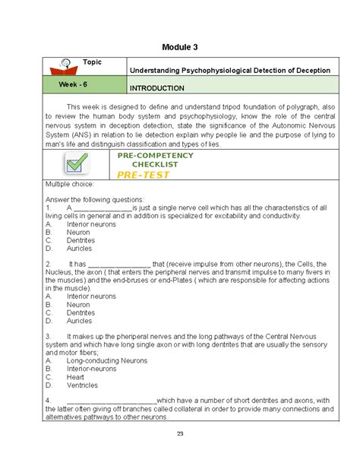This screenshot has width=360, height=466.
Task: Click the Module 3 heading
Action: point(179,47)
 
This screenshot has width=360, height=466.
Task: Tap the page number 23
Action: point(179,435)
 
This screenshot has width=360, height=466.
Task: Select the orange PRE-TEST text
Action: point(144,175)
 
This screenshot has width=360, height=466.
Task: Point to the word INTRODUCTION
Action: point(157,88)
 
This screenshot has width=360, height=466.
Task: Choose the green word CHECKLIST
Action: point(155,164)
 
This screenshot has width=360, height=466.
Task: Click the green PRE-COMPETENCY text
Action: point(155,155)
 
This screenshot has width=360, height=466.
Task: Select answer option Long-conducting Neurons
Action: point(106,360)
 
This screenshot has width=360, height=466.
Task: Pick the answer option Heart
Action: point(75,376)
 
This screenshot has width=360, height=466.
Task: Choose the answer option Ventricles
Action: point(81,385)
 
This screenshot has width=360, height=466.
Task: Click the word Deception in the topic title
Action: point(310,70)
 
